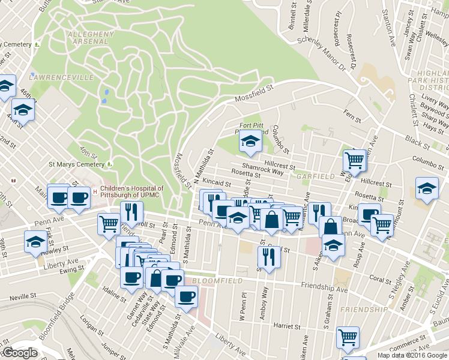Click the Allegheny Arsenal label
click(x=90, y=37)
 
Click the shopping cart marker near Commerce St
click(x=348, y=338)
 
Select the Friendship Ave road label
click(x=325, y=289)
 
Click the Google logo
click(x=20, y=353)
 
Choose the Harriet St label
click(x=287, y=326)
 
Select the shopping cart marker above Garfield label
click(x=354, y=161)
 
